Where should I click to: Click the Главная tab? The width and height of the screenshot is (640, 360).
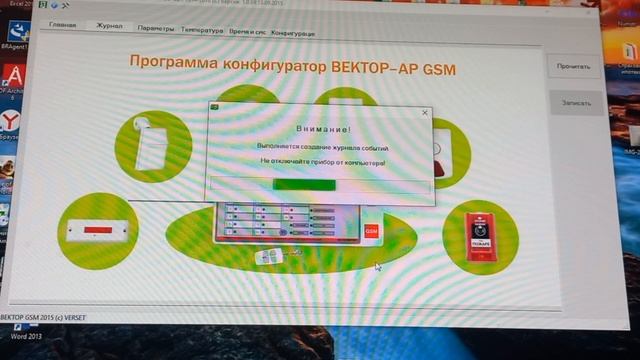point(63,26)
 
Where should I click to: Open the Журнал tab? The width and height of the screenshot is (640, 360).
point(109,27)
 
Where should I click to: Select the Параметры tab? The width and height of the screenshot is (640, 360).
point(155,29)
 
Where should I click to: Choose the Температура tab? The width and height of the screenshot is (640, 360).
point(203,30)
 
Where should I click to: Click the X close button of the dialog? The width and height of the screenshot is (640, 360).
point(425,113)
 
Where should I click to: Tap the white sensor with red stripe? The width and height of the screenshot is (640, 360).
point(98,231)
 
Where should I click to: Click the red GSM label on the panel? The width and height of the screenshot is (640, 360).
point(372,230)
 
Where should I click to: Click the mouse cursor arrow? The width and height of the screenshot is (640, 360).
point(378,266)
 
